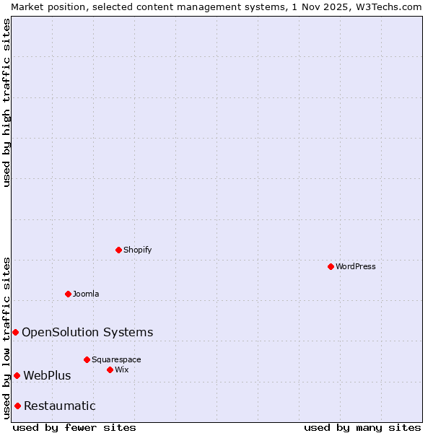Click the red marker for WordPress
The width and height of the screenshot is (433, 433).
331,266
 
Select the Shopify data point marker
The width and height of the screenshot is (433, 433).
118,250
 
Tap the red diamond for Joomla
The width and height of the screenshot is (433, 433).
68,294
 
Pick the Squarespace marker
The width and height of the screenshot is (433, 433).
87,359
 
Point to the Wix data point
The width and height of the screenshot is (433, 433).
110,369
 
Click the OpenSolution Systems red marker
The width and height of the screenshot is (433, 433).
15,332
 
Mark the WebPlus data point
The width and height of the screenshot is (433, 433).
17,375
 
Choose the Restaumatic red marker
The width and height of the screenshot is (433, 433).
17,406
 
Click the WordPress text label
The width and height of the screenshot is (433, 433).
356,266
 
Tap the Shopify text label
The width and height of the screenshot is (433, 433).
137,250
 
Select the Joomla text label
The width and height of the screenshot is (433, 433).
86,294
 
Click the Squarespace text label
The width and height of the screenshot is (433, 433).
116,359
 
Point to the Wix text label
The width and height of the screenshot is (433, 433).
121,369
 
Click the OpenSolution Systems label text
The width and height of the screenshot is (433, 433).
87,332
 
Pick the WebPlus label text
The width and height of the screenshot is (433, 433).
47,375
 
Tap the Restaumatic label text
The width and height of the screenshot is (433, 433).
59,406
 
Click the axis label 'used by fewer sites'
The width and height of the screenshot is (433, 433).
74,427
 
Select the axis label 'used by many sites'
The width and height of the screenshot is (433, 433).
362,427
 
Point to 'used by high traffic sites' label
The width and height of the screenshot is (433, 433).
6,102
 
